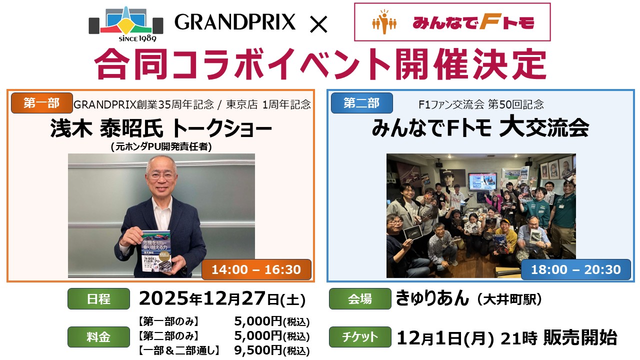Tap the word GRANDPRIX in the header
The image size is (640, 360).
click(235, 22)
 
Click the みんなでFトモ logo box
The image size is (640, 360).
click(452, 22)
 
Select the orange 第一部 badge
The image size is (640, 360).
click(41, 103)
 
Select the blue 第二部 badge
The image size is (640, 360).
click(361, 103)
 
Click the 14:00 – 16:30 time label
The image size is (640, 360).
click(256, 269)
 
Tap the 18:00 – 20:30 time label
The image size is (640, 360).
click(575, 269)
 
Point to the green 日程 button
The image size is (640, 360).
click(98, 299)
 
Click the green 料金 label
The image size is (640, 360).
click(98, 337)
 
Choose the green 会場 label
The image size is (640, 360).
click(360, 299)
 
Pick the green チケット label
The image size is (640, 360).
click(360, 337)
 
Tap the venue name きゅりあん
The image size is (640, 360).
click(432, 298)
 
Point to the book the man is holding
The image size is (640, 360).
click(156, 251)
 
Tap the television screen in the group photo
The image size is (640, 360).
click(482, 181)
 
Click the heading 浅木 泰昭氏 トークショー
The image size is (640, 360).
click(161, 128)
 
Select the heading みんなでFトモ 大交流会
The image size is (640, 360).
click(480, 128)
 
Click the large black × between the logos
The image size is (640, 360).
click(318, 24)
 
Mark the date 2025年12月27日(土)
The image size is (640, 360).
click(222, 299)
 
